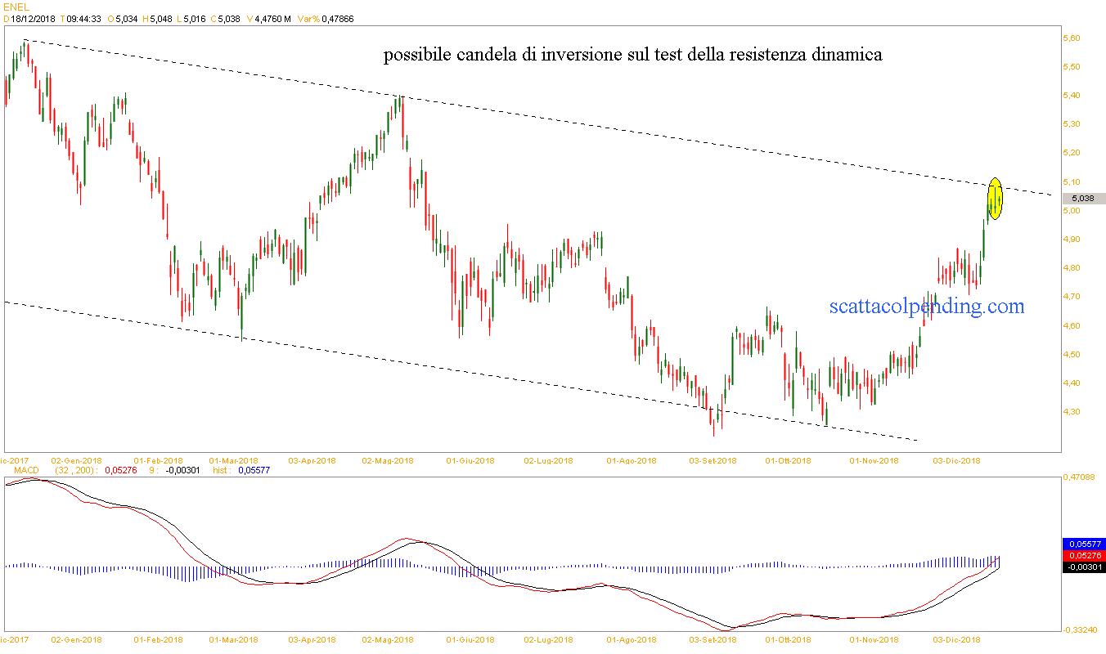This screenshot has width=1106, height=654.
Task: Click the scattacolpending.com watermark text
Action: [926, 307]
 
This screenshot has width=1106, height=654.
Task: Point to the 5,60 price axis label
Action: [1071, 38]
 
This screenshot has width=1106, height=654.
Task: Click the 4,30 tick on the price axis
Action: [1071, 412]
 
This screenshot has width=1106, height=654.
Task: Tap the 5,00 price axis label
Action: [1071, 211]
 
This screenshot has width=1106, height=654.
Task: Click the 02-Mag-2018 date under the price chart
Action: [389, 460]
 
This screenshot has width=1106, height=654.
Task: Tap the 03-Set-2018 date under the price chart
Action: [713, 460]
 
